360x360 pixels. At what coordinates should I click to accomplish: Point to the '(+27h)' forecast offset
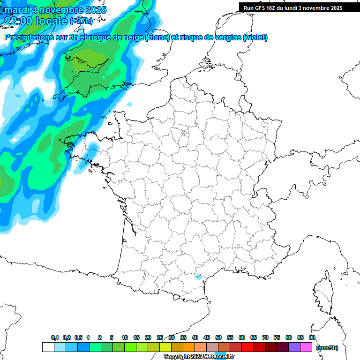81,21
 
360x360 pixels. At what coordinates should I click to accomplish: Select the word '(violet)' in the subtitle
255,37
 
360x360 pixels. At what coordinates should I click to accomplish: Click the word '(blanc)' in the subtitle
157,37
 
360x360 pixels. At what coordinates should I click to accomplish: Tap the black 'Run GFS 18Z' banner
293,7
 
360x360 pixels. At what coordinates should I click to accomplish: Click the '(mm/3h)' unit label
327,347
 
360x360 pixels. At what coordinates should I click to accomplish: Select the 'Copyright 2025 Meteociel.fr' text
199,357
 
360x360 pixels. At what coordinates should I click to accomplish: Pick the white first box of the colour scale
48,347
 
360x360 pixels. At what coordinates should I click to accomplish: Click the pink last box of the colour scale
306,347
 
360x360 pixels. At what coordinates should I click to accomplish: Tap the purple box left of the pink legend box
294,347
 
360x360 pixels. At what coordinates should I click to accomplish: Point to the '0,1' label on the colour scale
55,337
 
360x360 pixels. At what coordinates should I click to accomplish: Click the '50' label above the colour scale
218,337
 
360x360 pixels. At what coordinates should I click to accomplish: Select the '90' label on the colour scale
312,337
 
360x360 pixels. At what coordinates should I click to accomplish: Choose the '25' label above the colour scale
160,337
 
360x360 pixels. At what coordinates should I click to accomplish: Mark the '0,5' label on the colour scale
78,337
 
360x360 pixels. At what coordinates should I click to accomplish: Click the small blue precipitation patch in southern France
198,277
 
